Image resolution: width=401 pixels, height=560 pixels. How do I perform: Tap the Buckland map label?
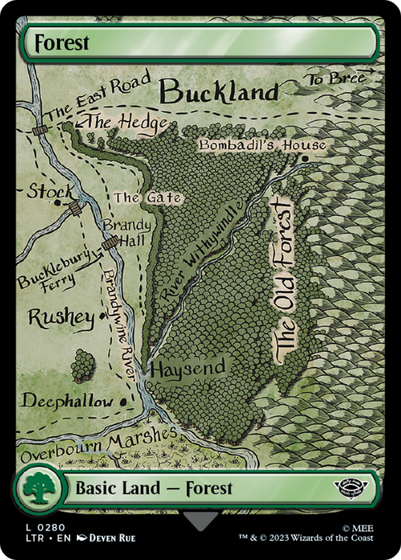[219, 92]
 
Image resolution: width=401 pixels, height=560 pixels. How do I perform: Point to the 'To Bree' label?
[335, 78]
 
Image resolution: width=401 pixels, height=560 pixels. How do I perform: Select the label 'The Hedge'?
[126, 122]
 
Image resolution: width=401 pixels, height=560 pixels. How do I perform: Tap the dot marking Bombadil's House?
[305, 158]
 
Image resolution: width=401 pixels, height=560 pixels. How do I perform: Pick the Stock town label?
[50, 191]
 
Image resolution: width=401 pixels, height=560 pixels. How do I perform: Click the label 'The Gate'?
[147, 198]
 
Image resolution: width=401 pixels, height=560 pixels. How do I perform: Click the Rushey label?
[61, 318]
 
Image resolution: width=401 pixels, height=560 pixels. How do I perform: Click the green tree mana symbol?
[38, 488]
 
